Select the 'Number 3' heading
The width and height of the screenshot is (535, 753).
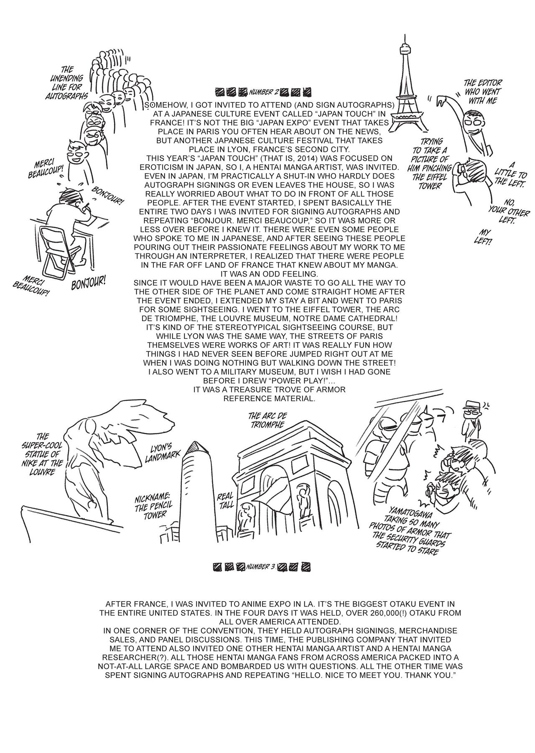pos(261,567)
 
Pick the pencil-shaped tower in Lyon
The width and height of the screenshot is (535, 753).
pos(197,489)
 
